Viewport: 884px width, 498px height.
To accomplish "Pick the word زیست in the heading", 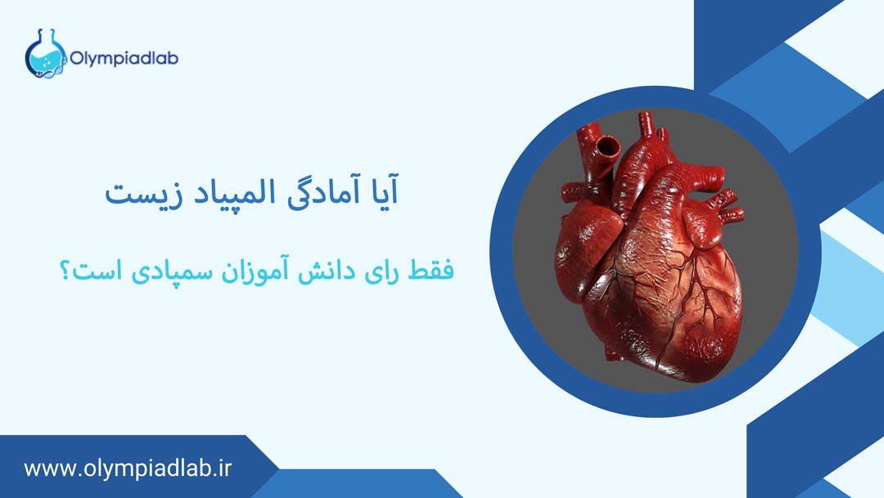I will point(138,195).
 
